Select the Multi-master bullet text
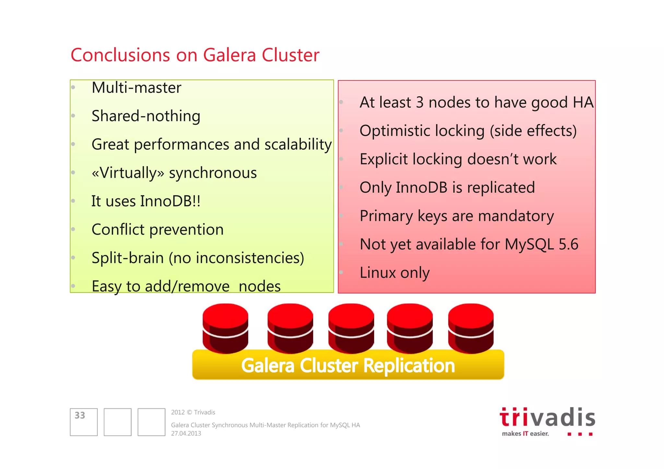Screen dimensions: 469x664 pos(136,88)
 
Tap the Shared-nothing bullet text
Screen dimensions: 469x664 pos(146,116)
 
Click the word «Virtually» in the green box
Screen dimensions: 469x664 pos(128,173)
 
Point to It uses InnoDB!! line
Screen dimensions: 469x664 pos(146,201)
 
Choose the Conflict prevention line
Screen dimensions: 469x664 pos(158,230)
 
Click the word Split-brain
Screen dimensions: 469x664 pos(127,258)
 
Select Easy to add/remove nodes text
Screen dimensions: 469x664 pos(186,287)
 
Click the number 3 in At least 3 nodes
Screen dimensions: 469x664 pos(420,103)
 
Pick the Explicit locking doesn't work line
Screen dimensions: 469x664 pos(458,159)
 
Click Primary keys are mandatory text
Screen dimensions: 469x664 pos(456,216)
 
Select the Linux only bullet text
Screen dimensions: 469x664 pos(395,273)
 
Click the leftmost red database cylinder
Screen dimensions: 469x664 pos(225,328)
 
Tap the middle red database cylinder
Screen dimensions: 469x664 pos(351,328)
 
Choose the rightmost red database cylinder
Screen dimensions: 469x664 pos(471,328)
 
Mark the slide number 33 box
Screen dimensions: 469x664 pos(84,422)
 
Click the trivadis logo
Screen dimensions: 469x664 pos(547,421)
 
